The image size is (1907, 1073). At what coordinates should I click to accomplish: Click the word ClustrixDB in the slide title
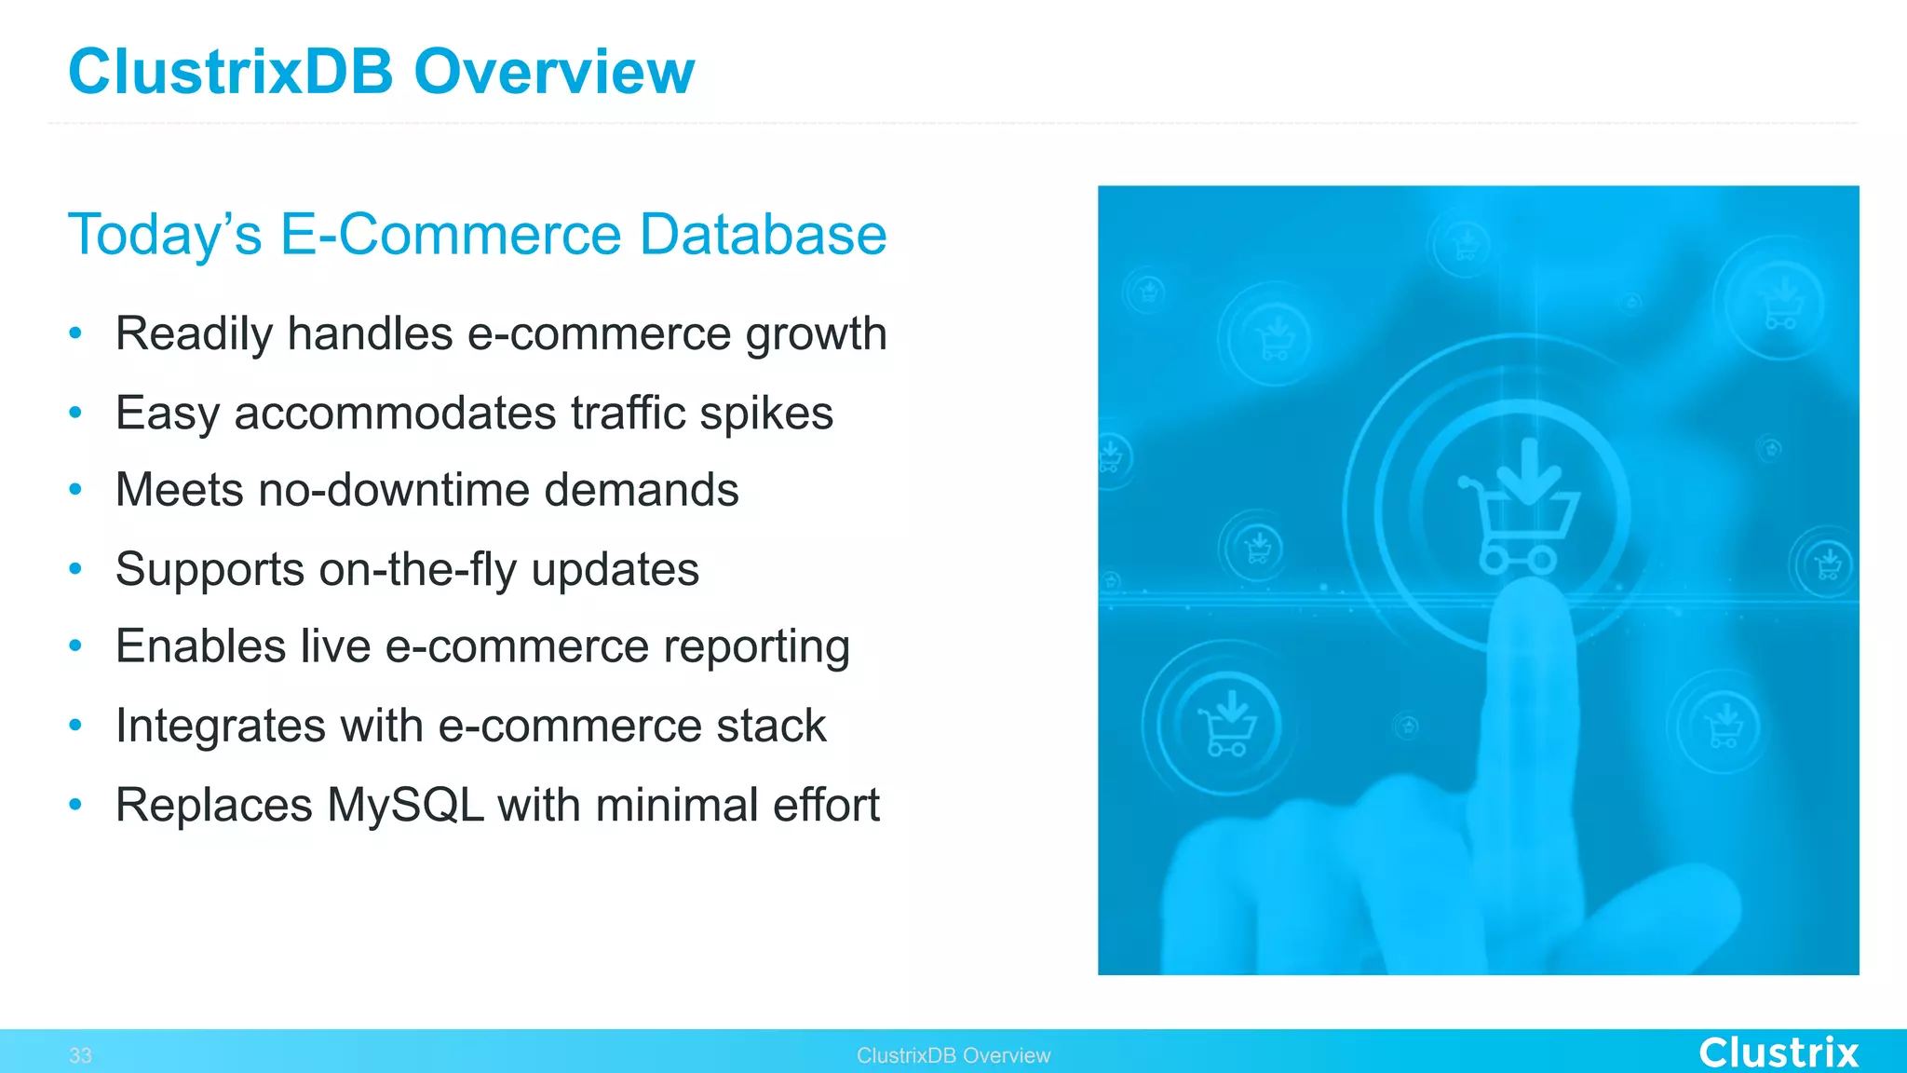pos(231,72)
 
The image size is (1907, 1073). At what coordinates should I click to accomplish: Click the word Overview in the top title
pos(554,72)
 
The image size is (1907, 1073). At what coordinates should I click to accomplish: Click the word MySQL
pos(405,805)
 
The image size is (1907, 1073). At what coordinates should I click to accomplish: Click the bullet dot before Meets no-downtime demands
pos(76,490)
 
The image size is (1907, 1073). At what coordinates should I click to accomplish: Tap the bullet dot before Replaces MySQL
pos(76,805)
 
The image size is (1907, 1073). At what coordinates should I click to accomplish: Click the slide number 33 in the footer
pos(80,1055)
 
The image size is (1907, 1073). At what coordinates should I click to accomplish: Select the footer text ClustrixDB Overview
pos(953,1055)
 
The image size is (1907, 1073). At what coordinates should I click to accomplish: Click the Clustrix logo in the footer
pos(1778,1053)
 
